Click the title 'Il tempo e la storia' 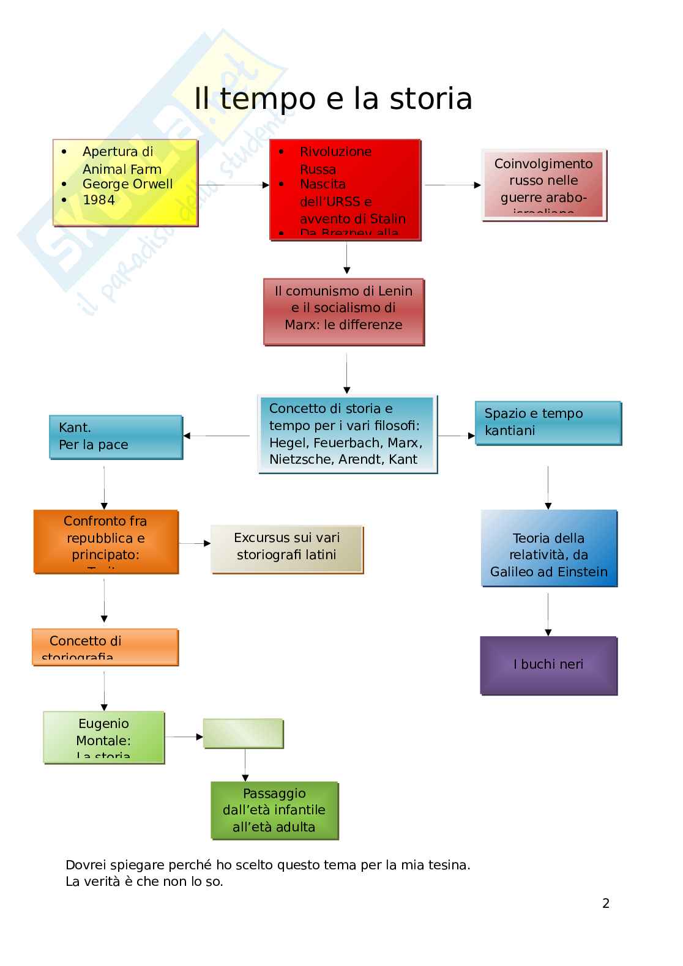point(333,99)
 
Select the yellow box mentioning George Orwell point(125,182)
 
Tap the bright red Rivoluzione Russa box point(345,190)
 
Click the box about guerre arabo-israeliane point(543,184)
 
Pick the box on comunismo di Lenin point(343,312)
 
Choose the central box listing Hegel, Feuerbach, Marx point(347,434)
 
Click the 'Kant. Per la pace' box point(116,437)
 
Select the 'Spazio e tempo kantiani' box point(548,423)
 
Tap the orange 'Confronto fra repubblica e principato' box point(106,541)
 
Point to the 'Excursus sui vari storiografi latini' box point(286,549)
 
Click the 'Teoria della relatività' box point(549,548)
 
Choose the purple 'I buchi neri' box point(548,665)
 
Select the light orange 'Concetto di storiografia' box point(105,647)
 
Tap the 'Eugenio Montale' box point(103,737)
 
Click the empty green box point(243,733)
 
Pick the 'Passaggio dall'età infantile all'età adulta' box point(274,810)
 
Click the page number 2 point(606,904)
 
